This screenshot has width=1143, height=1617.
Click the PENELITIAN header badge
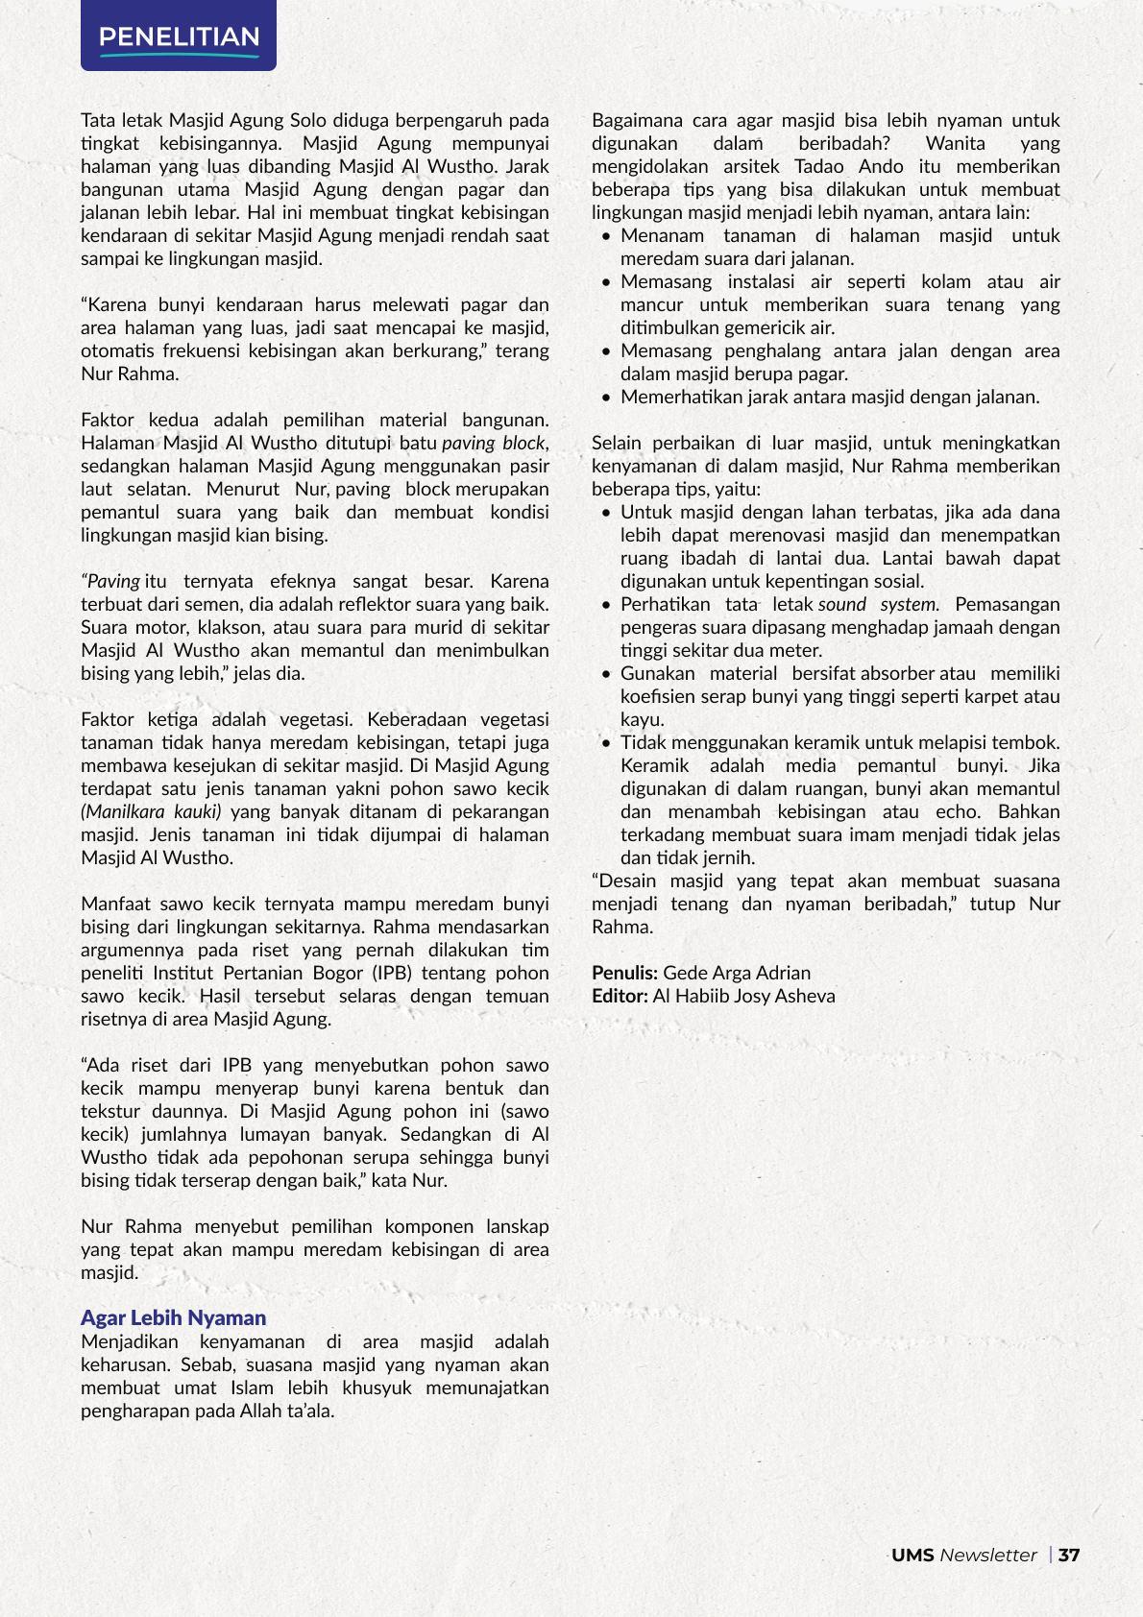click(179, 36)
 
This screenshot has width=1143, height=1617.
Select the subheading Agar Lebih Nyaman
click(173, 1317)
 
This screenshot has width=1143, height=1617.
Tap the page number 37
click(1069, 1555)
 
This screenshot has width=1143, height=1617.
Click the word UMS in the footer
click(912, 1555)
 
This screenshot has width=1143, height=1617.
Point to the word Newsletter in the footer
click(988, 1555)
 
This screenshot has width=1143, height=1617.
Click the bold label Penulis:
click(624, 973)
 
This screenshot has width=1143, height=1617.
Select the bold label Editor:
click(620, 996)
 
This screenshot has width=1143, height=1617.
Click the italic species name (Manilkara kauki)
click(151, 811)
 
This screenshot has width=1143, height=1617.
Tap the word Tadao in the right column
click(819, 166)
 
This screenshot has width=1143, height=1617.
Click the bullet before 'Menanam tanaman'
click(606, 236)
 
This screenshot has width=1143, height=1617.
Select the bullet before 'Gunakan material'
click(606, 674)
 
